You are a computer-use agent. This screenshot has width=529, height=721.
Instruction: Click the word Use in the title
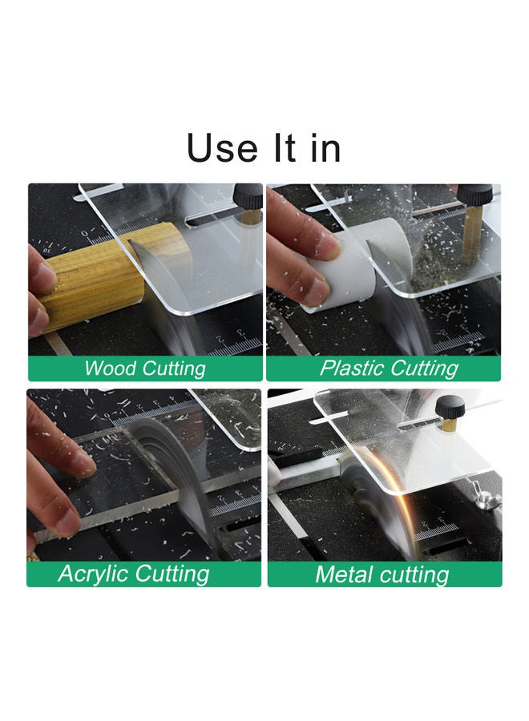[x=222, y=147]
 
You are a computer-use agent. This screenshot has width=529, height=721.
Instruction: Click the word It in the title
[x=285, y=147]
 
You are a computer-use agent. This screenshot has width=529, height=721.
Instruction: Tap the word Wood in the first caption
[x=110, y=369]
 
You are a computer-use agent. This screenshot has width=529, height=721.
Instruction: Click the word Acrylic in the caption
[x=94, y=574]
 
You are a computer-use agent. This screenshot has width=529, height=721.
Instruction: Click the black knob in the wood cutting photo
[x=248, y=196]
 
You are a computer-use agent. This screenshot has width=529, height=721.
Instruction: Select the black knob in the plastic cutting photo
[x=475, y=195]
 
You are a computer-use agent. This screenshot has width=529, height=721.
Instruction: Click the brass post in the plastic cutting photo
[x=471, y=235]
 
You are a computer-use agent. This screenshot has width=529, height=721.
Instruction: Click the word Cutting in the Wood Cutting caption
[x=174, y=369]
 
